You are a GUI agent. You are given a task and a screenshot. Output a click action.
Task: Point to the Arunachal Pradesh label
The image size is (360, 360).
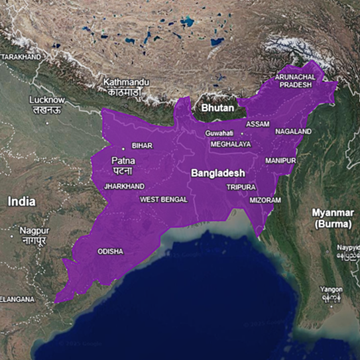pos(296,81)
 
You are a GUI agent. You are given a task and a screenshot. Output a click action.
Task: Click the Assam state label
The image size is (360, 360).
pos(257,124)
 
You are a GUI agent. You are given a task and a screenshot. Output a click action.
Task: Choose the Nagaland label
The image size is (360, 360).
pos(293,132)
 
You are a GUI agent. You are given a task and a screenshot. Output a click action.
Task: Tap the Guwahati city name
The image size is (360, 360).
pos(219,133)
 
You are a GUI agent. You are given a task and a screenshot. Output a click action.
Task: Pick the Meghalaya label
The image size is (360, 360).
pos(231,144)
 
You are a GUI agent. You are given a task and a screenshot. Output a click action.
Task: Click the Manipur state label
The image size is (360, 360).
pos(280,161)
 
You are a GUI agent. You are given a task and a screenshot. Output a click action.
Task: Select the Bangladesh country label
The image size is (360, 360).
pos(218,172)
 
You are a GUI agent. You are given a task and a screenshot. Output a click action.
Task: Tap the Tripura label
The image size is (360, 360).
pos(241,187)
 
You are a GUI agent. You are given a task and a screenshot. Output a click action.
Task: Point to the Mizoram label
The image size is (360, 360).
pos(265,200)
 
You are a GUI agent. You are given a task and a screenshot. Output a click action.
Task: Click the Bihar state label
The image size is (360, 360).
pos(142,145)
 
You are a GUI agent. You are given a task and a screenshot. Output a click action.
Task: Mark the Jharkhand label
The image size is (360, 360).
pos(124,187)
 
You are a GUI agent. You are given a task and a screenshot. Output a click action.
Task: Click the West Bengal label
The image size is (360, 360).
pos(164,199)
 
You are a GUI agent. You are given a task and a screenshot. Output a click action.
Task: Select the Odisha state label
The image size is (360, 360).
pos(110,252)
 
